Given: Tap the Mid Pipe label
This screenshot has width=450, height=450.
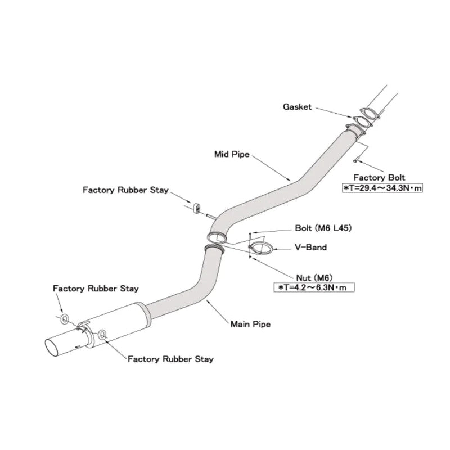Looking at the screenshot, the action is (x=232, y=154).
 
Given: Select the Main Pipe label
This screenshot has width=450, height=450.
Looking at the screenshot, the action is (x=250, y=325).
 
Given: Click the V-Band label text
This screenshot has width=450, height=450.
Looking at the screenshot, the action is (x=311, y=247).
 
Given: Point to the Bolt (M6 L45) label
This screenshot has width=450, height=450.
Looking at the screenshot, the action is (x=323, y=228).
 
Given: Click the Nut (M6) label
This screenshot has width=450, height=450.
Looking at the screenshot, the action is (x=314, y=278).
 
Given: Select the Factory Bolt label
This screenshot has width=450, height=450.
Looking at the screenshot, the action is (x=379, y=177).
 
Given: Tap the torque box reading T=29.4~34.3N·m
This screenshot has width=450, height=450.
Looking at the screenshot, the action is (x=382, y=188).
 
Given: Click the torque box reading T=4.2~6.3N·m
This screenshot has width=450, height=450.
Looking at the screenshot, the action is (x=314, y=287).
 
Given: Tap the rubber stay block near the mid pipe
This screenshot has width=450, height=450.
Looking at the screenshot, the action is (x=197, y=208).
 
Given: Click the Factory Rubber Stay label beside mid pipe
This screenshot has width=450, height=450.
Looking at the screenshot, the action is (x=125, y=190).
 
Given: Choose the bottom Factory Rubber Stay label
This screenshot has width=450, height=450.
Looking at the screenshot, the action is (x=170, y=359).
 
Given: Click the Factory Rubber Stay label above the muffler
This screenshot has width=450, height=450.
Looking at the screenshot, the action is (x=96, y=289).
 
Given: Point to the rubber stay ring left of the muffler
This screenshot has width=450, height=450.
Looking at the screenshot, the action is (x=65, y=319).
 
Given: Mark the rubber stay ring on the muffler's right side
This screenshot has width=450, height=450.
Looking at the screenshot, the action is (x=102, y=335).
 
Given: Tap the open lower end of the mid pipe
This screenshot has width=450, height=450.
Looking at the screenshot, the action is (x=217, y=238).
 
